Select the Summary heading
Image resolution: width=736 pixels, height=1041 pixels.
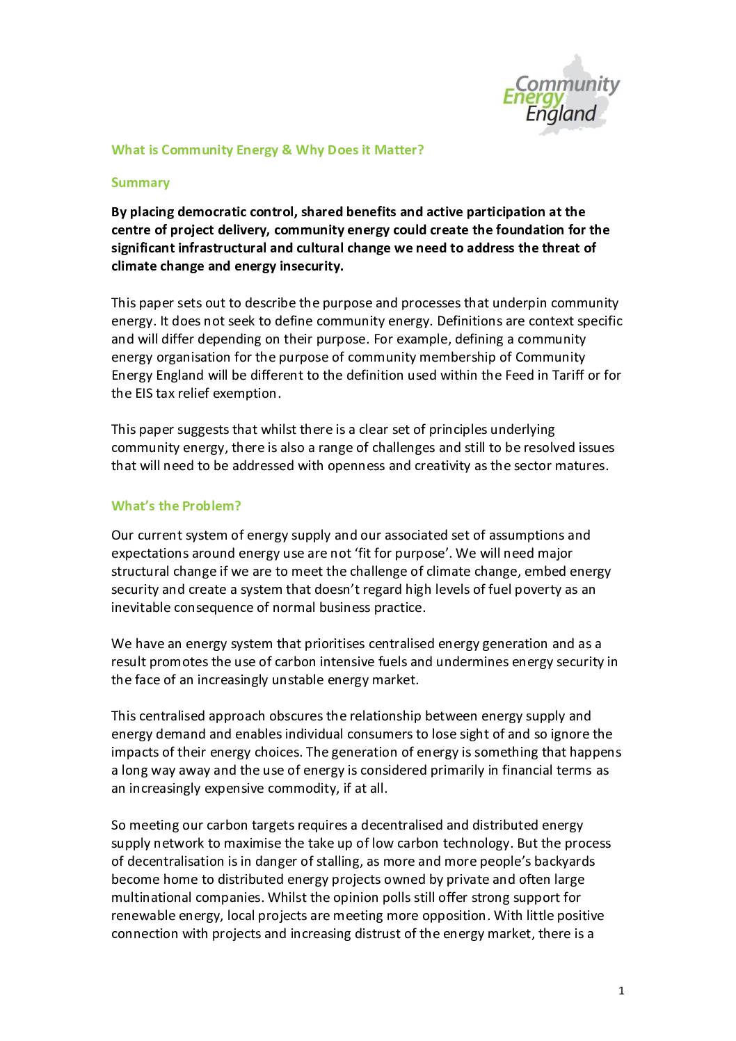coord(141,183)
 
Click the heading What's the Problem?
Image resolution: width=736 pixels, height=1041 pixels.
coord(176,506)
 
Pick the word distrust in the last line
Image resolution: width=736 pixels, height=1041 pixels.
coord(374,934)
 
